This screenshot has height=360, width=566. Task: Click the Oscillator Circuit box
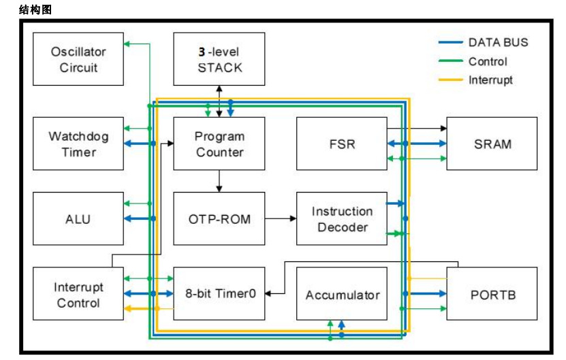[78, 60]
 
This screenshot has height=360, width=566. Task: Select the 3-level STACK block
[219, 60]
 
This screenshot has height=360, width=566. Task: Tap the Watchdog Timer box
[78, 144]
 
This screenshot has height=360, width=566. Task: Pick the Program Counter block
[219, 144]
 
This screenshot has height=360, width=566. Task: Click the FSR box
[342, 144]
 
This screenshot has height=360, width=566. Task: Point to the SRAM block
[492, 144]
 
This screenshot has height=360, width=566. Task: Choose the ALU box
[78, 219]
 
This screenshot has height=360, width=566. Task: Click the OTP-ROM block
[219, 219]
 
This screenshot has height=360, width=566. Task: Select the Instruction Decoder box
[342, 219]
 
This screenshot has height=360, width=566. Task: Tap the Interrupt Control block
[78, 294]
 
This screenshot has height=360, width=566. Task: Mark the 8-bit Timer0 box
[219, 294]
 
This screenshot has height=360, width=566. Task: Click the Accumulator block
[342, 294]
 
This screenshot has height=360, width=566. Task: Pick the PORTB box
[492, 294]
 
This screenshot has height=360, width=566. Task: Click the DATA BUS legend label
[497, 42]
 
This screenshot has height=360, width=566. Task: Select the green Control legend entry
[487, 61]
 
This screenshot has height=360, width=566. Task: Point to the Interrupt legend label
[490, 80]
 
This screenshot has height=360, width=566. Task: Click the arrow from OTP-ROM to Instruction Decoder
[281, 218]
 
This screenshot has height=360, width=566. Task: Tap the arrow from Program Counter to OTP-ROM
[219, 181]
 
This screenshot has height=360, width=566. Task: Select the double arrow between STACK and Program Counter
[219, 101]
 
